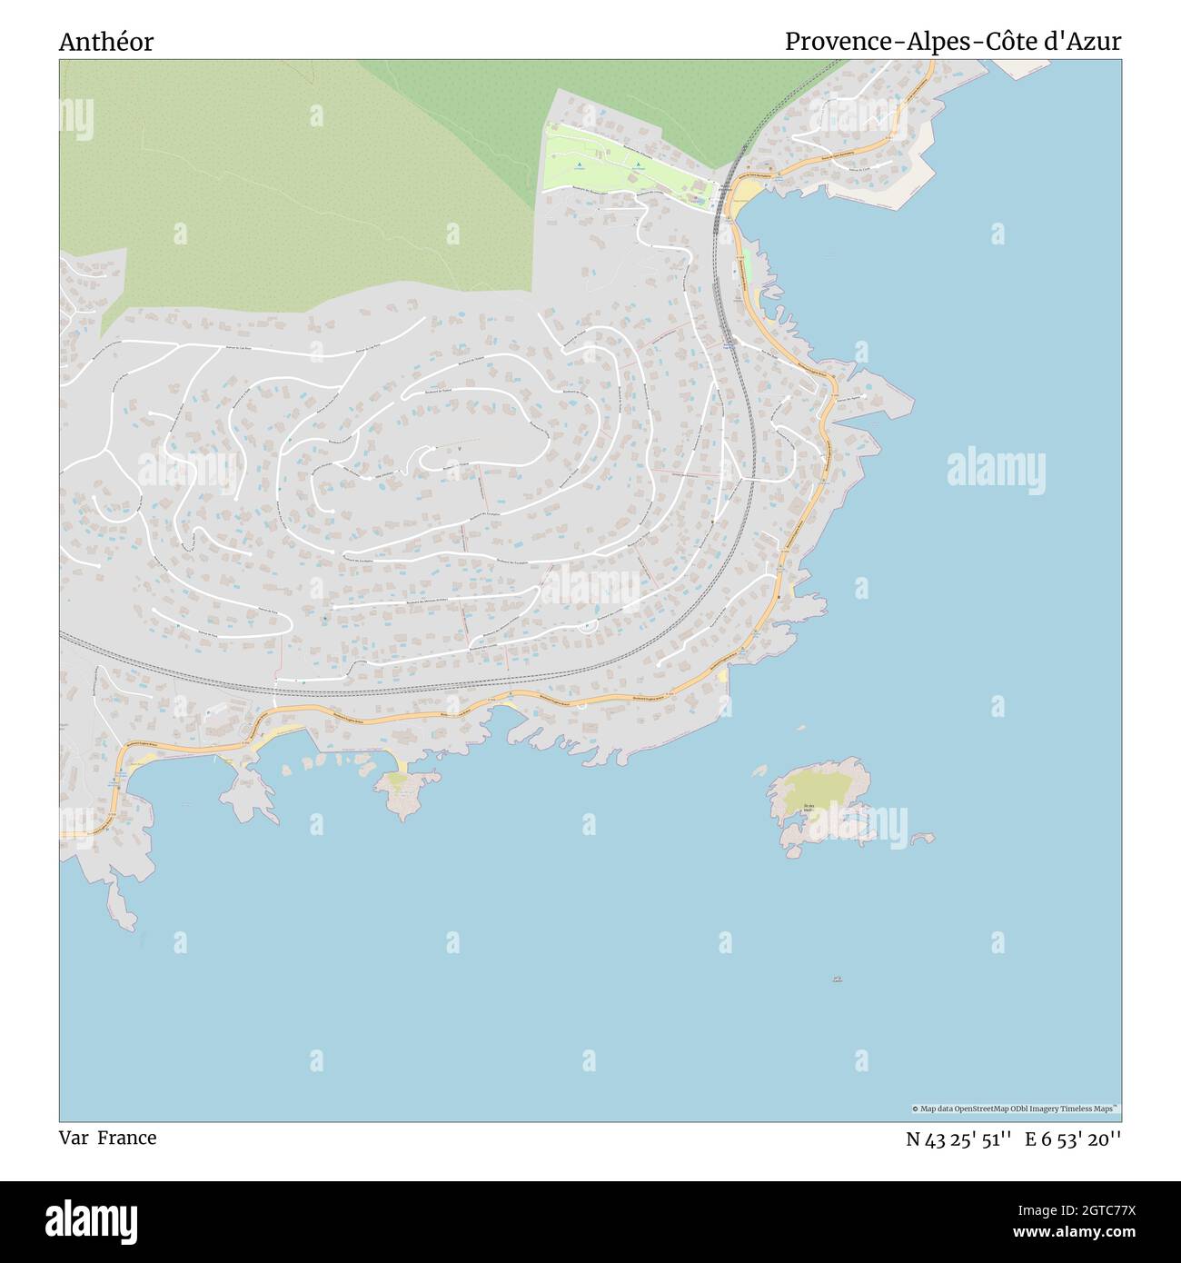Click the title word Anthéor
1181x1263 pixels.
[106, 42]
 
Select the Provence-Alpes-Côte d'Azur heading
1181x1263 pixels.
[952, 42]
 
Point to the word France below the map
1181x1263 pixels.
[127, 1138]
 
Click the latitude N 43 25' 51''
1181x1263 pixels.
[958, 1139]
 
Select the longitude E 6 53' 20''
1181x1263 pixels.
[1073, 1139]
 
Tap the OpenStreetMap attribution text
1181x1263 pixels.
[1015, 1109]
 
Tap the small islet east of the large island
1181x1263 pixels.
[923, 837]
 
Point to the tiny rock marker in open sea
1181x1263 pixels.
[837, 979]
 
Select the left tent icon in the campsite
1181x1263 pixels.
[579, 165]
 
